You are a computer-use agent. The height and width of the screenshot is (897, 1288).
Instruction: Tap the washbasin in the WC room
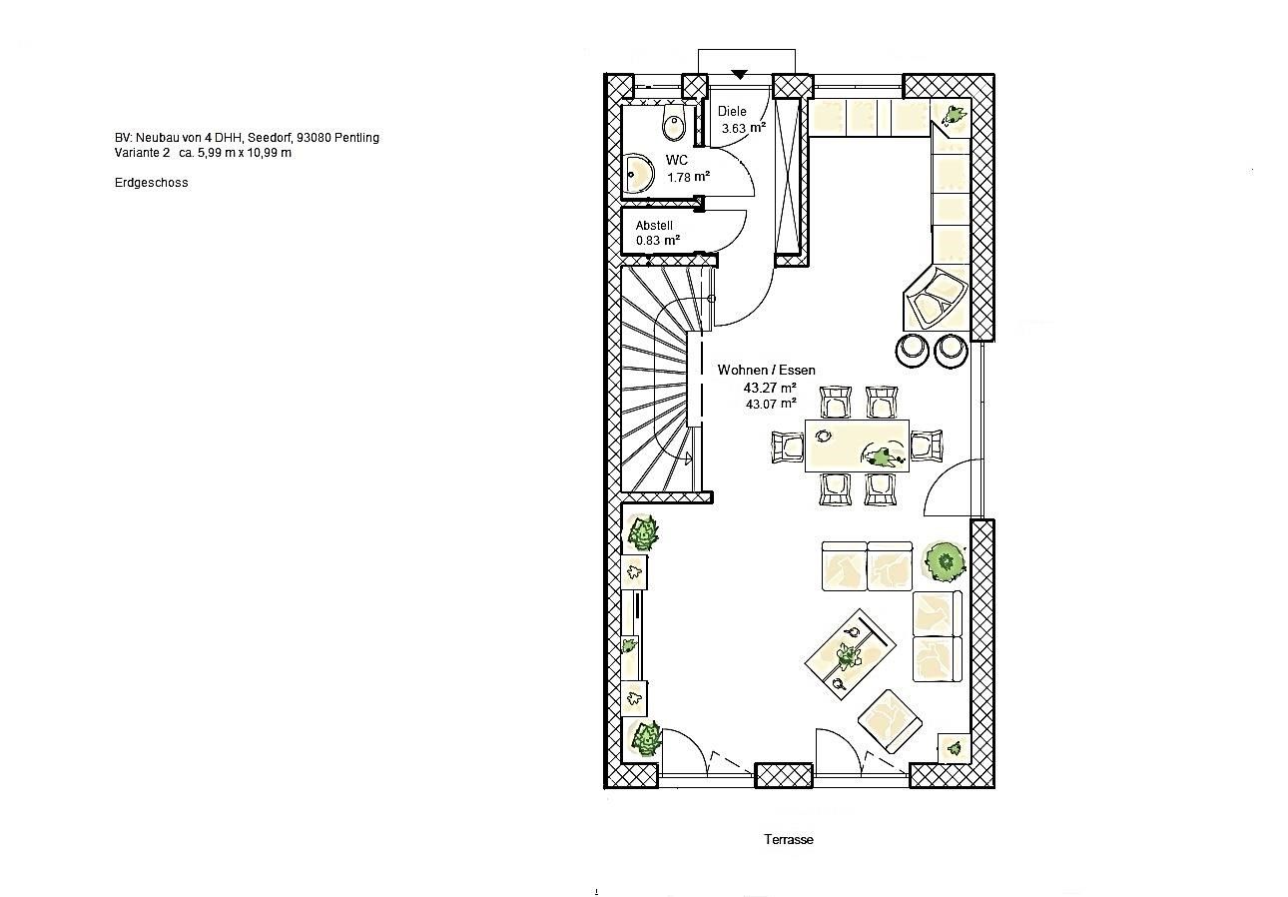click(x=638, y=173)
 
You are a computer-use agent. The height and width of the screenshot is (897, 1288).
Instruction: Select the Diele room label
click(x=732, y=111)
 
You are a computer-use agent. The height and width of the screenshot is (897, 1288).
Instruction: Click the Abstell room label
click(x=654, y=226)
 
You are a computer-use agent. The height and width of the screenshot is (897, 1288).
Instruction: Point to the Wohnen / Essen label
click(x=766, y=370)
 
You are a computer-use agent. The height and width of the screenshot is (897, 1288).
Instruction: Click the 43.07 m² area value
click(x=771, y=404)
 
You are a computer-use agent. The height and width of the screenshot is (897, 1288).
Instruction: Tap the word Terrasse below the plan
click(x=789, y=839)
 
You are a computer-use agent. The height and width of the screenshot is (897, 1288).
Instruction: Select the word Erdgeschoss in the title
click(x=151, y=183)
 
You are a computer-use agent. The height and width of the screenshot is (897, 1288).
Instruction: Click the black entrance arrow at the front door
click(x=740, y=74)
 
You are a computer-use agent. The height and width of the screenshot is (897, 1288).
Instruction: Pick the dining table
click(x=857, y=446)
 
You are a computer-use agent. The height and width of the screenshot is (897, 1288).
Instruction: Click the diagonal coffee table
click(x=850, y=654)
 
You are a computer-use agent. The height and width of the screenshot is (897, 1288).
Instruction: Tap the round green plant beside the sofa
click(x=945, y=561)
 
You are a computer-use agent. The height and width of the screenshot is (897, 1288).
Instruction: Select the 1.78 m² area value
click(x=688, y=177)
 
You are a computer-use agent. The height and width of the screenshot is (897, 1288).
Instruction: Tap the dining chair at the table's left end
click(x=787, y=447)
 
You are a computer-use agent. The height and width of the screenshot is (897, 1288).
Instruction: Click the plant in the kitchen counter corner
click(x=954, y=114)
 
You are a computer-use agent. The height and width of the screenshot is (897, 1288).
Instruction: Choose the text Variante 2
click(x=142, y=153)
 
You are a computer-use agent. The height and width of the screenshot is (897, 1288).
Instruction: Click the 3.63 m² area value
click(x=744, y=128)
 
